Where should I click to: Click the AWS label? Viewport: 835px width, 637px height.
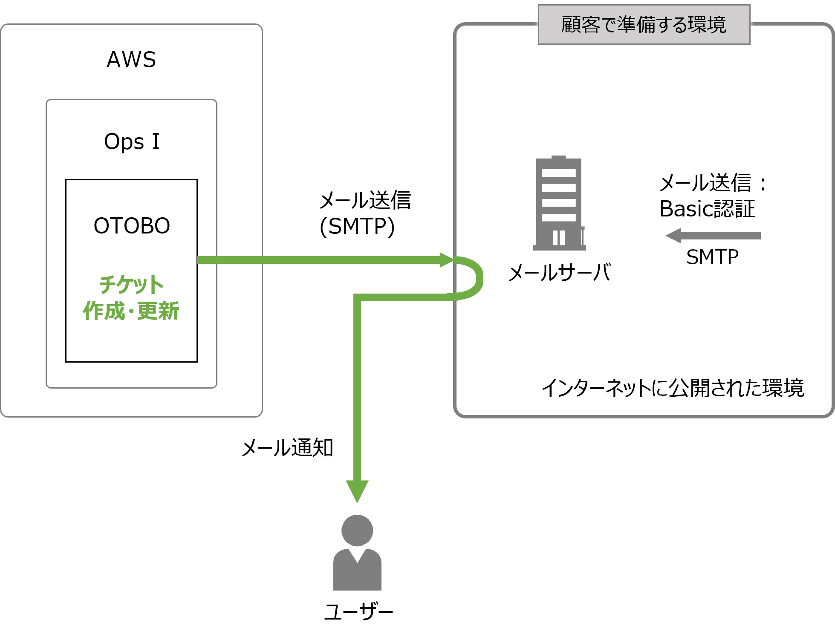point(131,60)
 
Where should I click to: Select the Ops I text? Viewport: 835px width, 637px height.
point(132,141)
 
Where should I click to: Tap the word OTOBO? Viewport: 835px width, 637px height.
point(132,226)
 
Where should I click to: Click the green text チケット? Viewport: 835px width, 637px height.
point(131,285)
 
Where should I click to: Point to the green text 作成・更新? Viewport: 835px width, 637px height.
point(131,311)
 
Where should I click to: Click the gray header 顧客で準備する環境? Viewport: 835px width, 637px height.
point(644,25)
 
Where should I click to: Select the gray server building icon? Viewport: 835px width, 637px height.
point(559,204)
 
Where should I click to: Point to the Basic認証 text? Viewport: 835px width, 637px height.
point(707,209)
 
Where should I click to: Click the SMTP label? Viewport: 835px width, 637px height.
point(712,257)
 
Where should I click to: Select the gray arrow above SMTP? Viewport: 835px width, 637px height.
point(713,236)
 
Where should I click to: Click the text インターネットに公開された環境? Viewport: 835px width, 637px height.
point(672,388)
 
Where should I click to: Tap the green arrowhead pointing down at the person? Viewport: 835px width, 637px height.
point(357,490)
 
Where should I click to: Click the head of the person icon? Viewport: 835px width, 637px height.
point(357,530)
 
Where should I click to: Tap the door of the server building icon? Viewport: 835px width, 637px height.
point(559,237)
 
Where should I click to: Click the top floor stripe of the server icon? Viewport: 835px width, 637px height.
point(558,173)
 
